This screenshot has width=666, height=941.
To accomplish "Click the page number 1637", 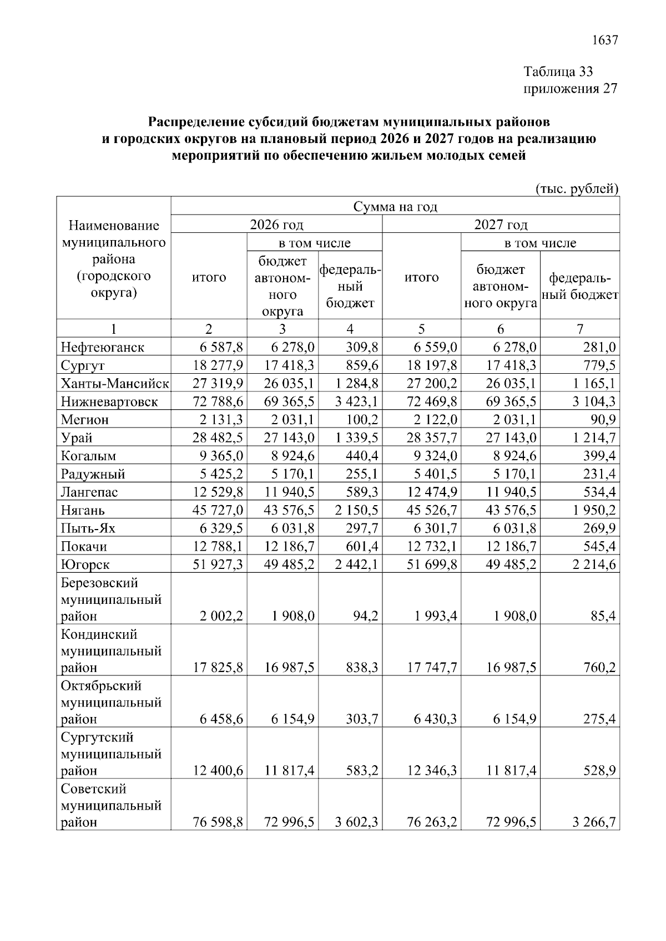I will tap(604, 40).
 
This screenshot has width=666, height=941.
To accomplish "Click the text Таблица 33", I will tap(558, 72).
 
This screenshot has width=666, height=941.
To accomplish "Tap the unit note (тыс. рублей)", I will tap(576, 189).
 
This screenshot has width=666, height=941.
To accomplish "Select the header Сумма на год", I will tap(395, 207).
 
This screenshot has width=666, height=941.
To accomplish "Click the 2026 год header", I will tap(276, 225).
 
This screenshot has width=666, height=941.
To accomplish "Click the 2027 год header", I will tap(501, 225).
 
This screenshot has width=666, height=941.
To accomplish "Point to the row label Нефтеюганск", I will tap(102, 348).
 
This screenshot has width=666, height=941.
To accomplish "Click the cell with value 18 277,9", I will tap(218, 366).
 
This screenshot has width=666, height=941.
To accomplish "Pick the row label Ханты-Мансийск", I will tap(114, 384).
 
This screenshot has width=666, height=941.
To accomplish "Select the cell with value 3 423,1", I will tap(356, 402).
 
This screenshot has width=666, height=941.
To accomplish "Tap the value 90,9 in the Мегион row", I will tap(603, 420).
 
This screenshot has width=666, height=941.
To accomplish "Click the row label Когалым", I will tap(88, 456).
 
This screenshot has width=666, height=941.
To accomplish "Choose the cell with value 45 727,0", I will tap(218, 510).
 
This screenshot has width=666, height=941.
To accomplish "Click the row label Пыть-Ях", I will tap(88, 528).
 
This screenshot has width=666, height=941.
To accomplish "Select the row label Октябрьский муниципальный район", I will tap(110, 703).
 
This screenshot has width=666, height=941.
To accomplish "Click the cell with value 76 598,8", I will tap(218, 822).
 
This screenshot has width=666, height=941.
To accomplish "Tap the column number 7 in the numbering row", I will tap(579, 329).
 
